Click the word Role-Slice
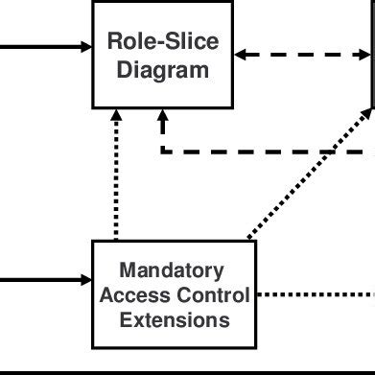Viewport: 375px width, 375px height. point(162,41)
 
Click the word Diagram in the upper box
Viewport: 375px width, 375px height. point(162,70)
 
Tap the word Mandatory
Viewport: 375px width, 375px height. point(173,270)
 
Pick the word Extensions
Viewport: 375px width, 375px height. point(174,318)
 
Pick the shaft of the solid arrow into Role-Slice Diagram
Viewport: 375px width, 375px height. point(38,46)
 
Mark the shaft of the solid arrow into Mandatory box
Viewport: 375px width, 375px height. point(38,280)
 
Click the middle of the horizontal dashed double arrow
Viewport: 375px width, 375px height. point(303,55)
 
